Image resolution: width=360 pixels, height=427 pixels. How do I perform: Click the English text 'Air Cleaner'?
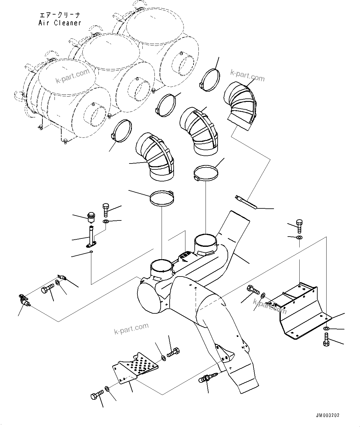pos(60,23)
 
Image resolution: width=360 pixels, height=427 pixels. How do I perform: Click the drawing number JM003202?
pos(327,415)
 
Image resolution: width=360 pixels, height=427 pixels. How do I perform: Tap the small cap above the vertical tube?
pos(91,217)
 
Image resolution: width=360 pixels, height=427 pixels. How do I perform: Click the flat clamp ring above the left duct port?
pos(161,198)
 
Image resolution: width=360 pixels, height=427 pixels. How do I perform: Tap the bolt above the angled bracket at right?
pos(299,226)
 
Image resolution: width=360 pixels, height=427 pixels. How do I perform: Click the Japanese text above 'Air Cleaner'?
pos(58,15)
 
